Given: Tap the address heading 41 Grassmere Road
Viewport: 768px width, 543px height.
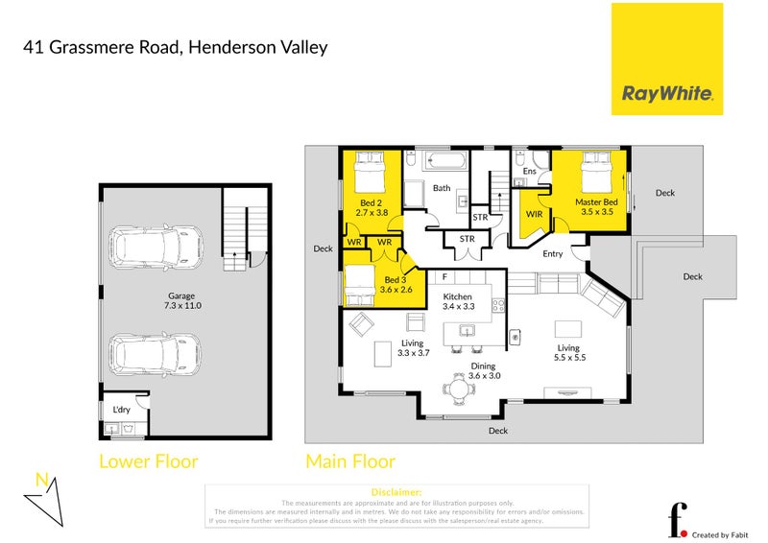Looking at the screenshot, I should pos(177,46).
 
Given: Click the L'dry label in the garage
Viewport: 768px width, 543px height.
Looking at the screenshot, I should pos(121,410).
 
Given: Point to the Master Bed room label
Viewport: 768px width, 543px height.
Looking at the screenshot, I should pos(596,207).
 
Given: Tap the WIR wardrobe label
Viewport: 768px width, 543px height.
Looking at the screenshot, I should pos(533,215).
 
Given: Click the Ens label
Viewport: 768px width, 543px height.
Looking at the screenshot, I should pos(529,172).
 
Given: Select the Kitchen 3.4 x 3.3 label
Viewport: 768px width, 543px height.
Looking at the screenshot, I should pos(458,303).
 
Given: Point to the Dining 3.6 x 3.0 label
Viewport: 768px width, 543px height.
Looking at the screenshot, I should pos(483,371).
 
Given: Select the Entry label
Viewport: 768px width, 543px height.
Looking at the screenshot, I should pos(553,253).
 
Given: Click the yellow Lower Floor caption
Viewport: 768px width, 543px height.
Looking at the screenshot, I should pos(149,461).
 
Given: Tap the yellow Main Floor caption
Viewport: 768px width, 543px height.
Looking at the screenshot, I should pos(349,461).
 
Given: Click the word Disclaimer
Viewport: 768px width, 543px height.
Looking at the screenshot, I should pos(396,492).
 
